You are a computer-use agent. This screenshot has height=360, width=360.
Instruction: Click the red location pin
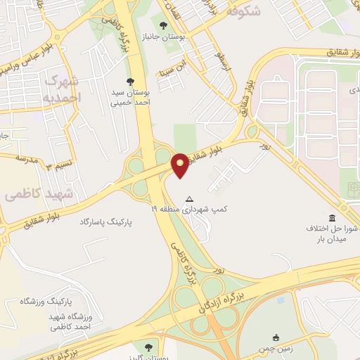[x=180, y=164]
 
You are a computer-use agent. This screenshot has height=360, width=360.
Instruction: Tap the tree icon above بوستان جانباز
[x=174, y=26]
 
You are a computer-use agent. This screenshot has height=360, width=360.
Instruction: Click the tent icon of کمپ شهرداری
[x=188, y=199]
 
